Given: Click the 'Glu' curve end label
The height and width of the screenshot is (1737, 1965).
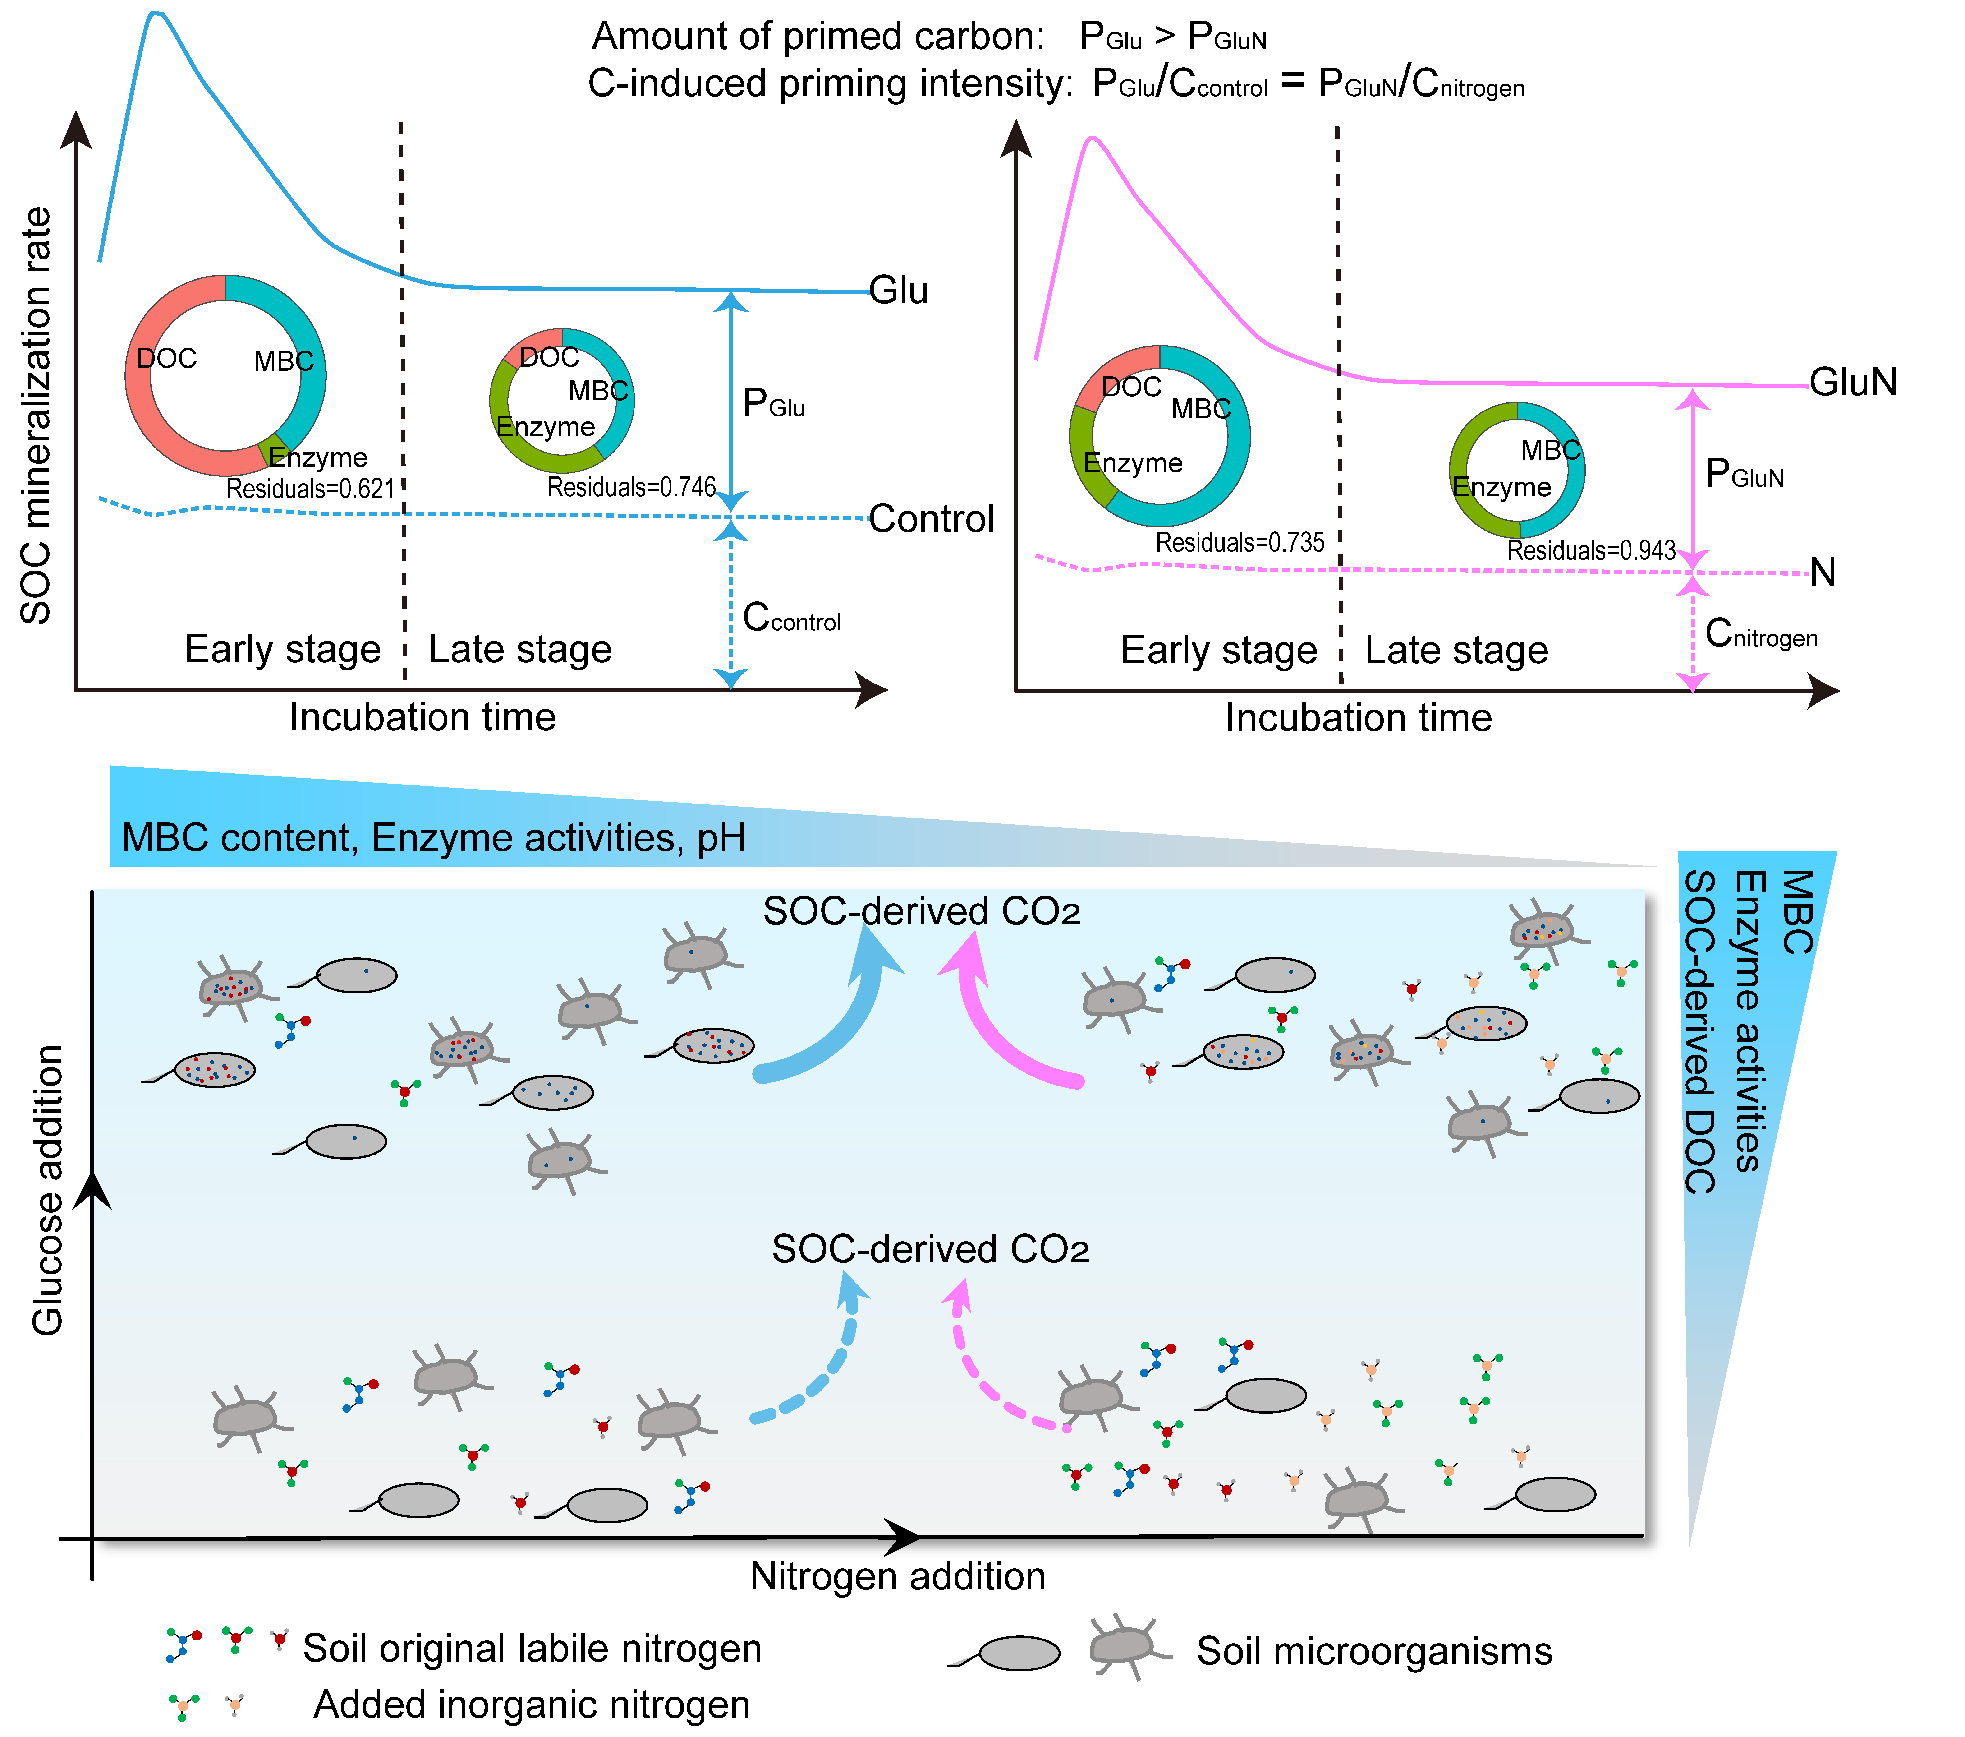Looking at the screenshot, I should (898, 291).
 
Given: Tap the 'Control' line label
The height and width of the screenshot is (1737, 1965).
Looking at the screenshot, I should (931, 519).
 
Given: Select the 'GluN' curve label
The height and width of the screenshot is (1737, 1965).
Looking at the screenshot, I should (1853, 383).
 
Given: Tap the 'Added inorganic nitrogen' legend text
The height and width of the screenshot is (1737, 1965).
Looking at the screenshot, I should (532, 1704).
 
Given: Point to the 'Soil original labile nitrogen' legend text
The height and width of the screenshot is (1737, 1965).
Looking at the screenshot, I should (532, 1649).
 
